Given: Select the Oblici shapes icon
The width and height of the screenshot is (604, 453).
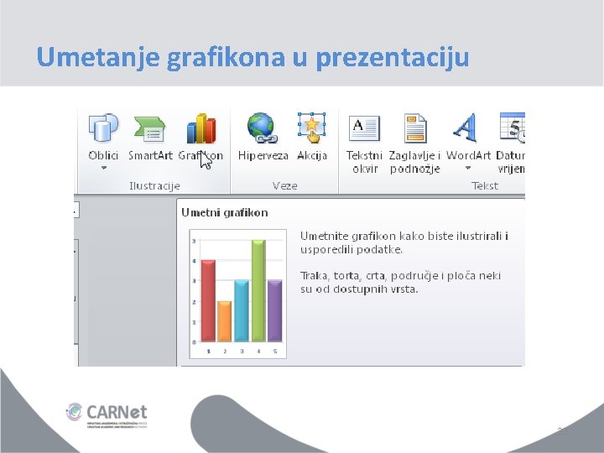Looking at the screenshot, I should click(103, 128).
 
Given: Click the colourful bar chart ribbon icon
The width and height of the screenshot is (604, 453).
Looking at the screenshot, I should click(200, 128).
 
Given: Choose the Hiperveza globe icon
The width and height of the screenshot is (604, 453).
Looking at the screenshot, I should click(261, 128).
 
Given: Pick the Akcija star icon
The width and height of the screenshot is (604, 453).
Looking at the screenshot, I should click(311, 128).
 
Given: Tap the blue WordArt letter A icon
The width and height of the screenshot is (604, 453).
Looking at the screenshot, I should click(465, 128).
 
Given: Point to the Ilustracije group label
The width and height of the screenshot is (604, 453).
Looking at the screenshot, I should click(154, 185).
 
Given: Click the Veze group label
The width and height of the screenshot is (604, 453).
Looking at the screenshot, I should click(285, 185).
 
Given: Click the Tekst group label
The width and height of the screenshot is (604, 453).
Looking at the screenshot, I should click(485, 185).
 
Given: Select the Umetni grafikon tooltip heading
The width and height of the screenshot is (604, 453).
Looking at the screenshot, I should click(225, 212).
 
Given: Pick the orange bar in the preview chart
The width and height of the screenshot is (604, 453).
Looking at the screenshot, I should click(224, 321).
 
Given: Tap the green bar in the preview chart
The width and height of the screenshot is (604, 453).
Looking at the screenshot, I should click(258, 291).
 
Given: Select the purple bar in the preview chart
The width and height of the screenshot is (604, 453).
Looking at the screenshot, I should click(274, 310).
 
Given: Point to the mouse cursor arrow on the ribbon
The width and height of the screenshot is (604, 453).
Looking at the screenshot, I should click(206, 160).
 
